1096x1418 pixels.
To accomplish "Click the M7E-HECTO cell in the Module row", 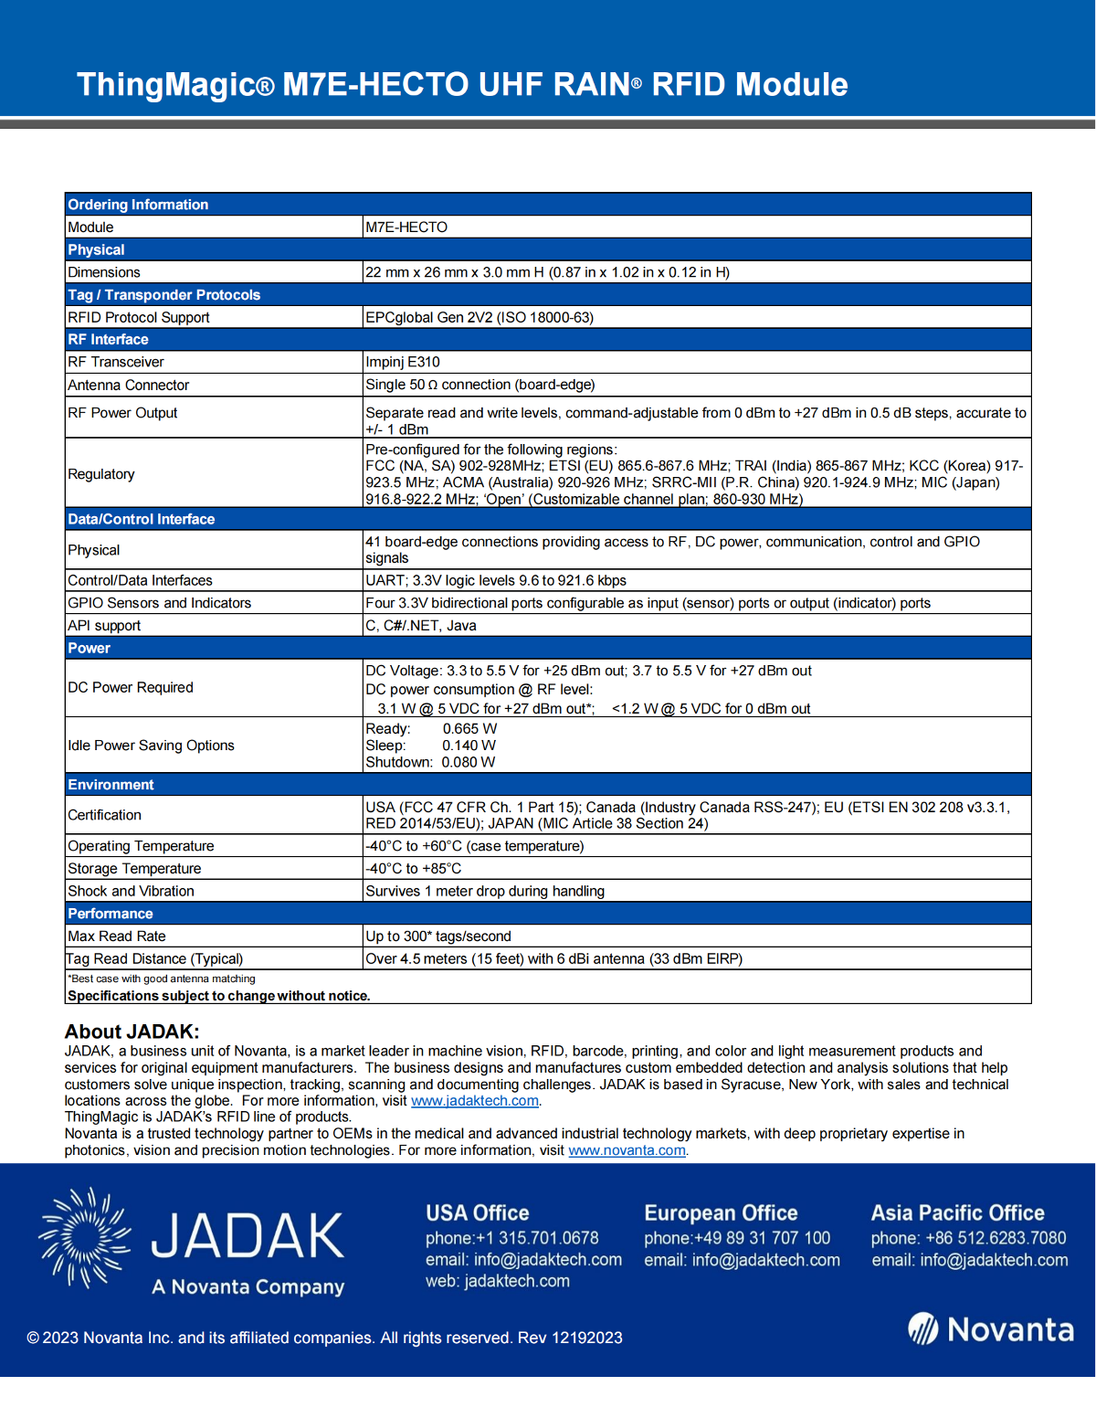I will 406,228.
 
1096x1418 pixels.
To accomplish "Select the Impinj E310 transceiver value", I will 403,362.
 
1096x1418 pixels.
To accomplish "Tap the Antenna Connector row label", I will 129,386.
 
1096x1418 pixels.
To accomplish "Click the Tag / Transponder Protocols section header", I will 164,295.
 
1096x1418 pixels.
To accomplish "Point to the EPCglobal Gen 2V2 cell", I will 479,318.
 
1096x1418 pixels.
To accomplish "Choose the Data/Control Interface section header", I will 142,519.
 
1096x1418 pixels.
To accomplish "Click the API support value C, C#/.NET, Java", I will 421,626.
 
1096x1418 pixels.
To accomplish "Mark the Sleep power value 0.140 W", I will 469,746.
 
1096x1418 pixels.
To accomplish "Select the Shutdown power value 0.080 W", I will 469,762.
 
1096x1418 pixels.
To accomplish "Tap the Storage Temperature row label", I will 134,869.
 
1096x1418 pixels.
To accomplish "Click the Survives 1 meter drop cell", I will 485,891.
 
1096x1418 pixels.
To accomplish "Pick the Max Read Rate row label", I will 117,937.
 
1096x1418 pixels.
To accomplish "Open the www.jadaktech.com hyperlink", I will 475,1101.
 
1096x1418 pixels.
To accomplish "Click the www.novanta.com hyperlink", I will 627,1150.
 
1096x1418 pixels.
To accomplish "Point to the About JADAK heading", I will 132,1032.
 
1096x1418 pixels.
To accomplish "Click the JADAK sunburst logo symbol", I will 84,1238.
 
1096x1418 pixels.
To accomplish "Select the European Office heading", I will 721,1213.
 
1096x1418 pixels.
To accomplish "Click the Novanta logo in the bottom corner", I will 991,1329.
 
